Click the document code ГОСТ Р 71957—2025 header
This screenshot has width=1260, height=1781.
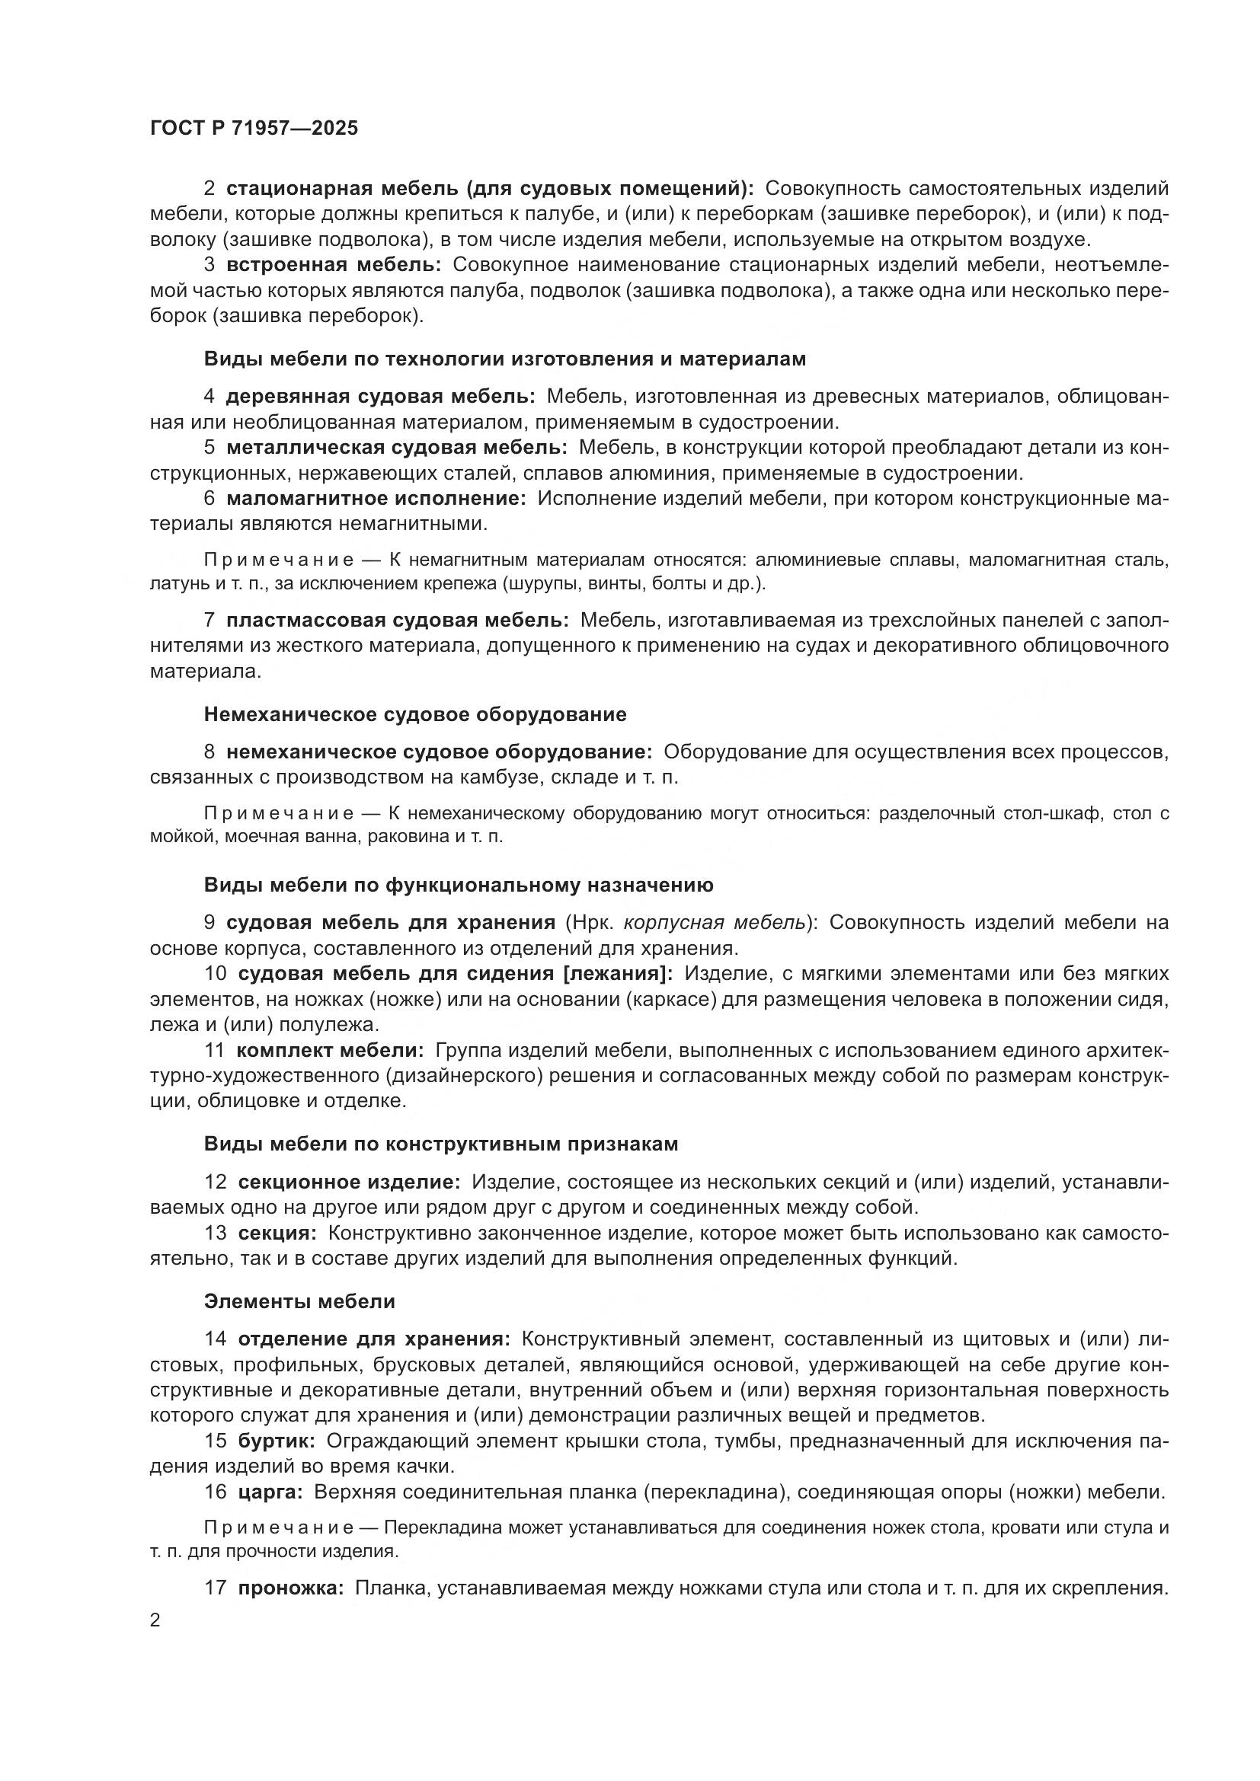pyautogui.click(x=254, y=128)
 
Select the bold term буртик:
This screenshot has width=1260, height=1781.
pyautogui.click(x=277, y=1441)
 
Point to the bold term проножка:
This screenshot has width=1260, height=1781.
pyautogui.click(x=291, y=1588)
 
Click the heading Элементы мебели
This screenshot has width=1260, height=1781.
pyautogui.click(x=299, y=1301)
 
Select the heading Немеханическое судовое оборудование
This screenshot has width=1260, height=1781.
pyautogui.click(x=415, y=714)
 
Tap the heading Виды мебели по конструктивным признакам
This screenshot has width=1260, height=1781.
pyautogui.click(x=440, y=1144)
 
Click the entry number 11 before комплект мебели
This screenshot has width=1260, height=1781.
pyautogui.click(x=214, y=1050)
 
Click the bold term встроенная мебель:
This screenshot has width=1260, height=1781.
pyautogui.click(x=334, y=265)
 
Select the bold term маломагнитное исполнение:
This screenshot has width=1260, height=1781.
pyautogui.click(x=376, y=498)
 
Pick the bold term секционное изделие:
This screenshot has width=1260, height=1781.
pyautogui.click(x=349, y=1183)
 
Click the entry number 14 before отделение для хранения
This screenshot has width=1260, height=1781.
pyautogui.click(x=215, y=1339)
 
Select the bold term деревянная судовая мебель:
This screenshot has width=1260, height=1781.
pyautogui.click(x=380, y=397)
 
